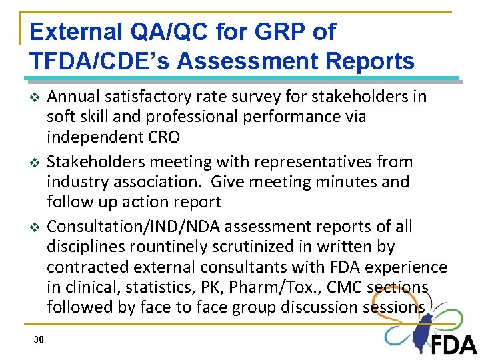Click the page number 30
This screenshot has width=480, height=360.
tap(39, 340)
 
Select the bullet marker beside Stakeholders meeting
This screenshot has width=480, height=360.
tap(36, 163)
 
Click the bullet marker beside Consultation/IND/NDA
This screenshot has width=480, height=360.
tap(36, 227)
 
